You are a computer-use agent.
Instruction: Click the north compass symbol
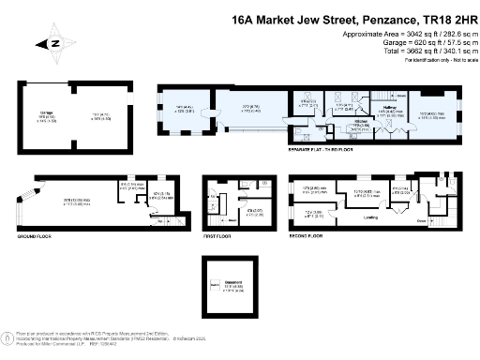(x=54, y=42)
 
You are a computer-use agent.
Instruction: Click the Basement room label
(x=230, y=285)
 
